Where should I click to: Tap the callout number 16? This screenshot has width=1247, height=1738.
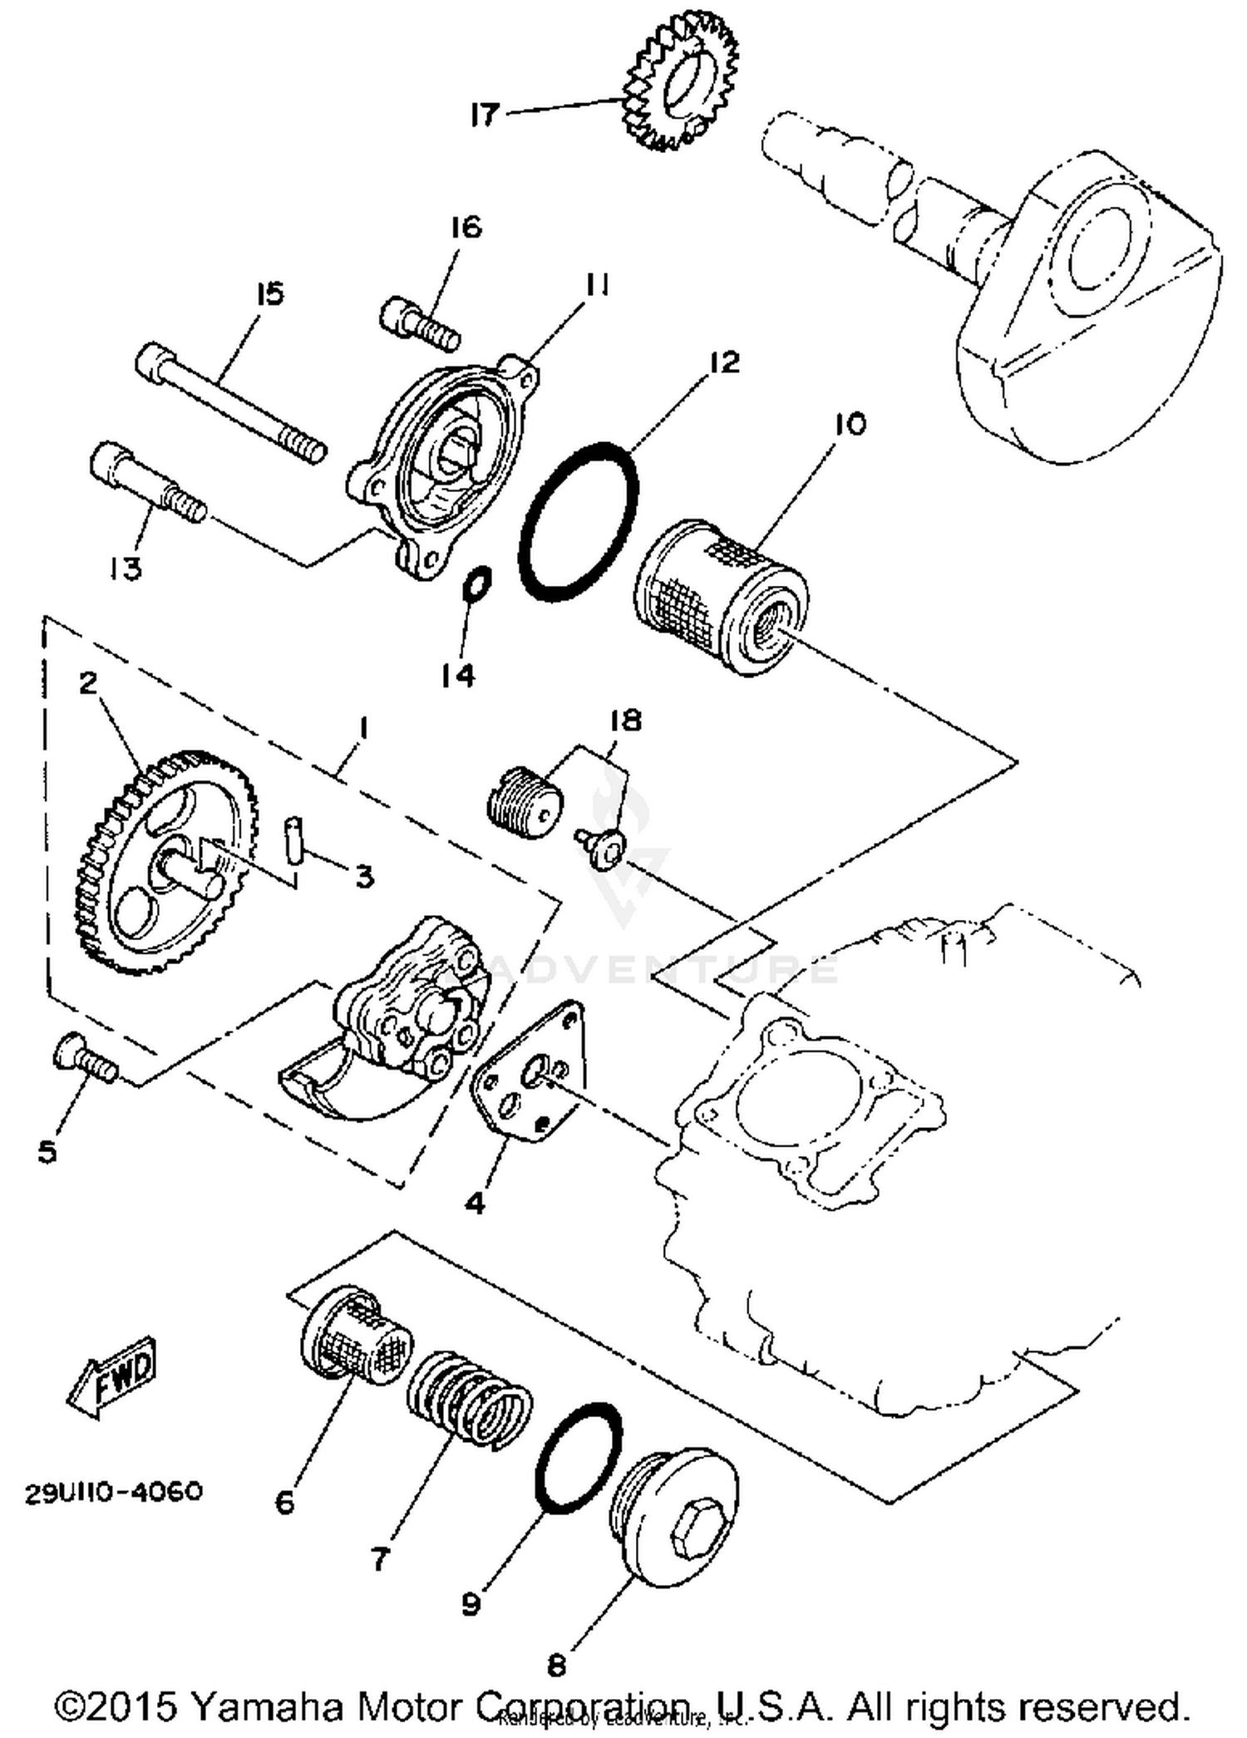coord(466,227)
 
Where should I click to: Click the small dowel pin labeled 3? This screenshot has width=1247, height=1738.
coord(292,841)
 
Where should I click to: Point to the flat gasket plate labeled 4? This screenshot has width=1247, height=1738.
coord(529,1071)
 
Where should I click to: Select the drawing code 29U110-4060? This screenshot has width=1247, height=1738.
coord(114,1492)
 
